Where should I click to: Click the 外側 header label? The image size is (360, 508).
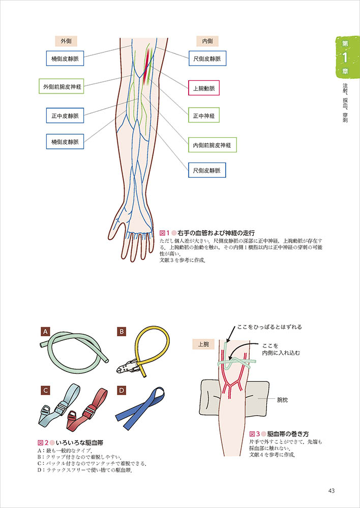pos(66,41)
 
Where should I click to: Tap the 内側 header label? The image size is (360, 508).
pos(207,41)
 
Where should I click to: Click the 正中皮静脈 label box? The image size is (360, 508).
pos(65,116)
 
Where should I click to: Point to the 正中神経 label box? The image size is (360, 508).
pos(207,116)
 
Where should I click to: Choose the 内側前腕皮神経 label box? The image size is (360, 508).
pos(212,145)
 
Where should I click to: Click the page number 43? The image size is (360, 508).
pos(331,490)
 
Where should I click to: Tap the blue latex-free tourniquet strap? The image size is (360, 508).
pos(140,406)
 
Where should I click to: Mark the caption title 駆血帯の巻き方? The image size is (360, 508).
pos(288,434)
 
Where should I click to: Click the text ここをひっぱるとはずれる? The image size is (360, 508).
pos(269,327)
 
